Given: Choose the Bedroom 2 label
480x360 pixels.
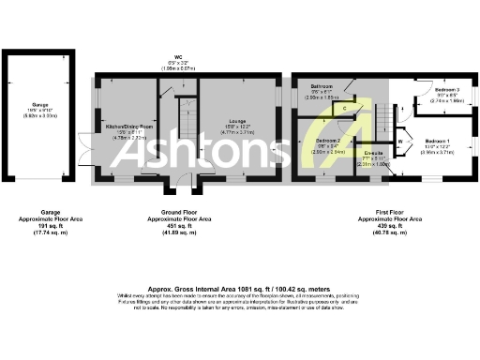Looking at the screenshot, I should point(325,140).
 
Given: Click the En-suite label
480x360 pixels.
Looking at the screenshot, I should point(374,157).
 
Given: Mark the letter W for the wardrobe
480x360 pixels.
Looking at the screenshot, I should point(400,142).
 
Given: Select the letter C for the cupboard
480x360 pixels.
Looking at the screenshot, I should point(345,109).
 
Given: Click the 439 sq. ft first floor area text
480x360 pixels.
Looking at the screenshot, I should point(387,225).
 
